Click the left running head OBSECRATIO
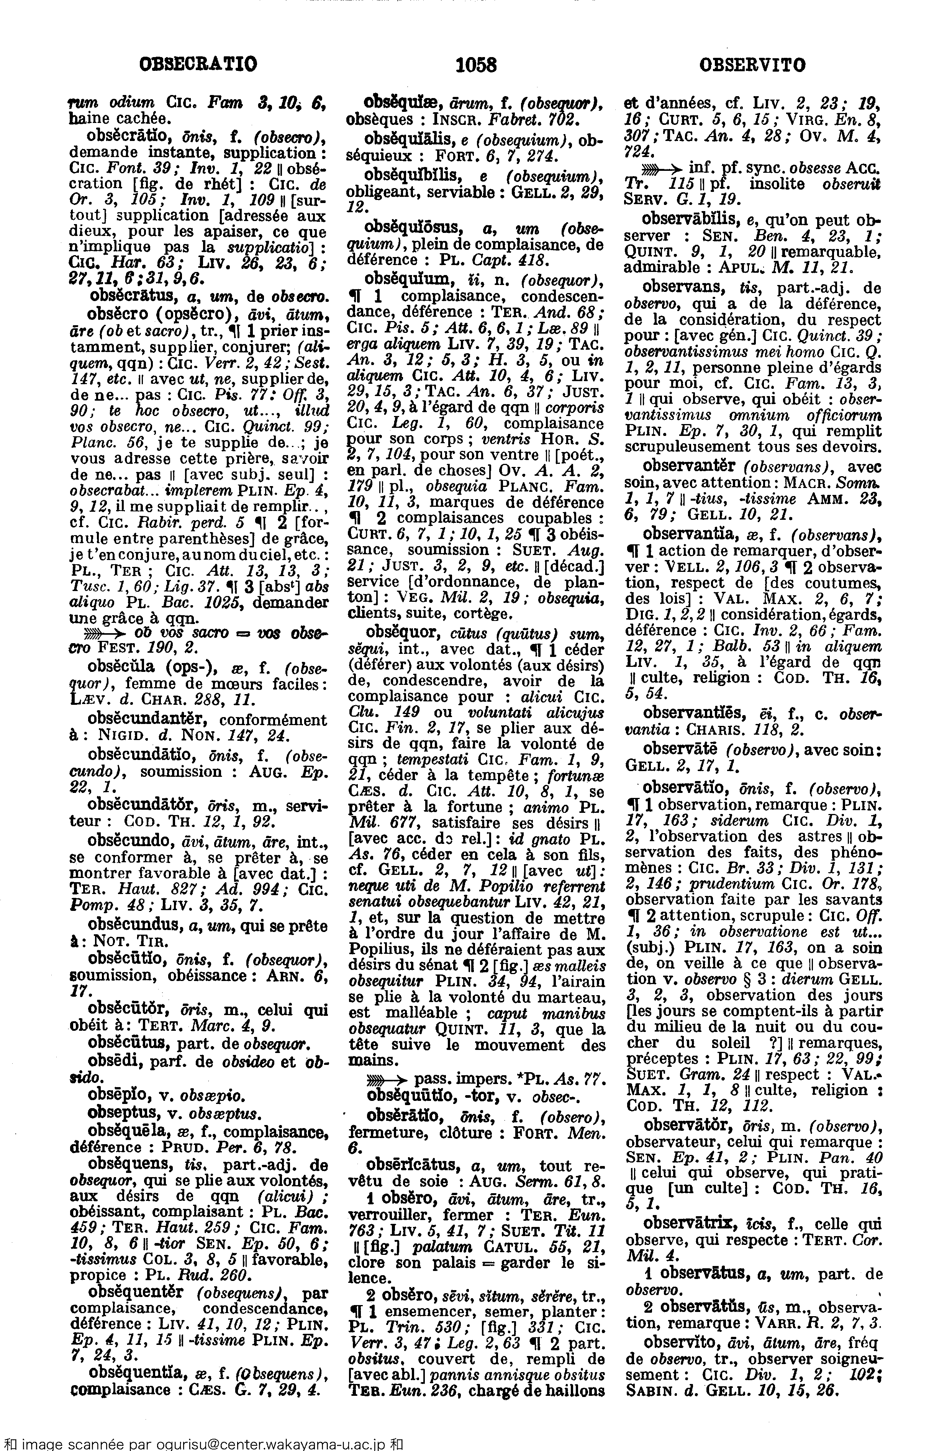(x=198, y=64)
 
